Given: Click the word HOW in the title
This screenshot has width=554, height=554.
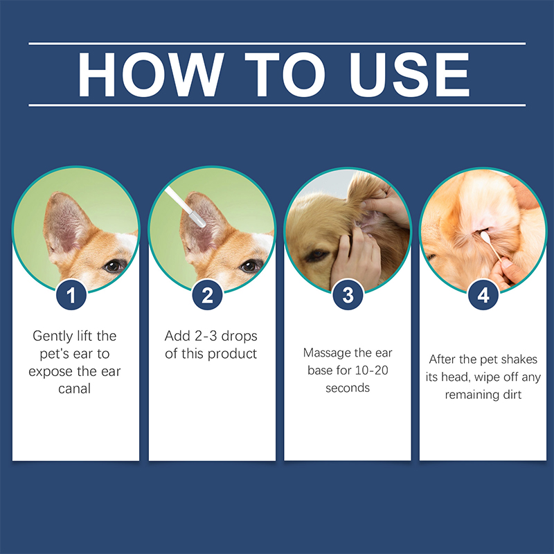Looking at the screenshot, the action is (151, 75).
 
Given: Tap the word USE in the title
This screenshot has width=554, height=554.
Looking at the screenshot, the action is (409, 75).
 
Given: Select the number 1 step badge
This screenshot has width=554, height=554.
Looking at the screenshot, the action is (71, 295).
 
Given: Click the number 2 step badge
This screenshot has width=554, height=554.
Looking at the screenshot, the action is (207, 295).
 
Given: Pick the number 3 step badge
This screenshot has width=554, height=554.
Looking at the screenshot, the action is (348, 295).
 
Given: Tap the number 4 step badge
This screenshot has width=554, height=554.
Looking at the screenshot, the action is (483, 295).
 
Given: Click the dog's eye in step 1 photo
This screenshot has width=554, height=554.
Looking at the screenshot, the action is (114, 265).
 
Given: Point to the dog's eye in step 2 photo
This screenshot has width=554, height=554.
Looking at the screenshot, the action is (250, 265).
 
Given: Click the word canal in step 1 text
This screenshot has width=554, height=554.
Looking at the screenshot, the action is (75, 388).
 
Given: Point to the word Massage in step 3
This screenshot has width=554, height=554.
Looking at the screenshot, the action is (325, 353).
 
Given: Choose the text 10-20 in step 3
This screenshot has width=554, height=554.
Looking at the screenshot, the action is (371, 370).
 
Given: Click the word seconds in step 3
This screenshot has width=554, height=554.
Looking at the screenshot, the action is (348, 388).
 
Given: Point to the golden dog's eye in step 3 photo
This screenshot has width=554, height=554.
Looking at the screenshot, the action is (316, 256).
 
